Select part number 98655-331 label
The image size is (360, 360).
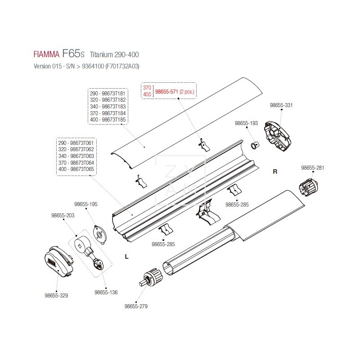pos(281,105)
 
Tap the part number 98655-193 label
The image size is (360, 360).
pos(246,123)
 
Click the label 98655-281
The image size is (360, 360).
pos(312,168)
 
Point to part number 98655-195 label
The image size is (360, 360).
pos(86,204)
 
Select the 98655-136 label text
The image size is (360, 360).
pos(106,292)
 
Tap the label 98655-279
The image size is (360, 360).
pos(136,306)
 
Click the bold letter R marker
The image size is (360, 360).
pos(275,171)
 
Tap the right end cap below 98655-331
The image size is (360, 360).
pos(278,135)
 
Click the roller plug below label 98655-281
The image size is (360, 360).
pos(308,187)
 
